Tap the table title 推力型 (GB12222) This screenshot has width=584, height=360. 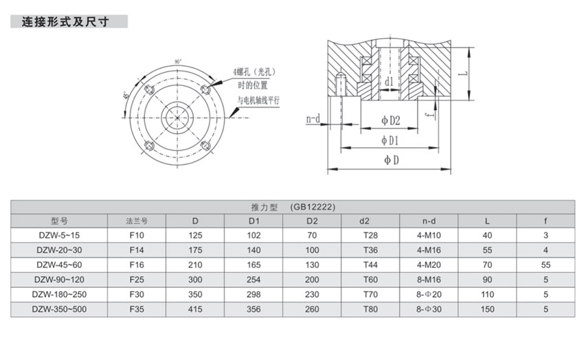[292, 207]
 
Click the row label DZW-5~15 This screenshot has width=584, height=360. [59, 235]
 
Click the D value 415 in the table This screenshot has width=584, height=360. [195, 310]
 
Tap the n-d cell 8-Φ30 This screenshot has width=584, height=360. [429, 310]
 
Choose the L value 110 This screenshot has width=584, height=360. [487, 295]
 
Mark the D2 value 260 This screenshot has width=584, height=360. [312, 310]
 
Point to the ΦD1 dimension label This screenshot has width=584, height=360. [391, 141]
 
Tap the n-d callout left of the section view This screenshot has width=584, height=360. [313, 119]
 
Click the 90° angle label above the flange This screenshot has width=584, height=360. [178, 63]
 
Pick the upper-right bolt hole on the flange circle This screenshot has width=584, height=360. [205, 90]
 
